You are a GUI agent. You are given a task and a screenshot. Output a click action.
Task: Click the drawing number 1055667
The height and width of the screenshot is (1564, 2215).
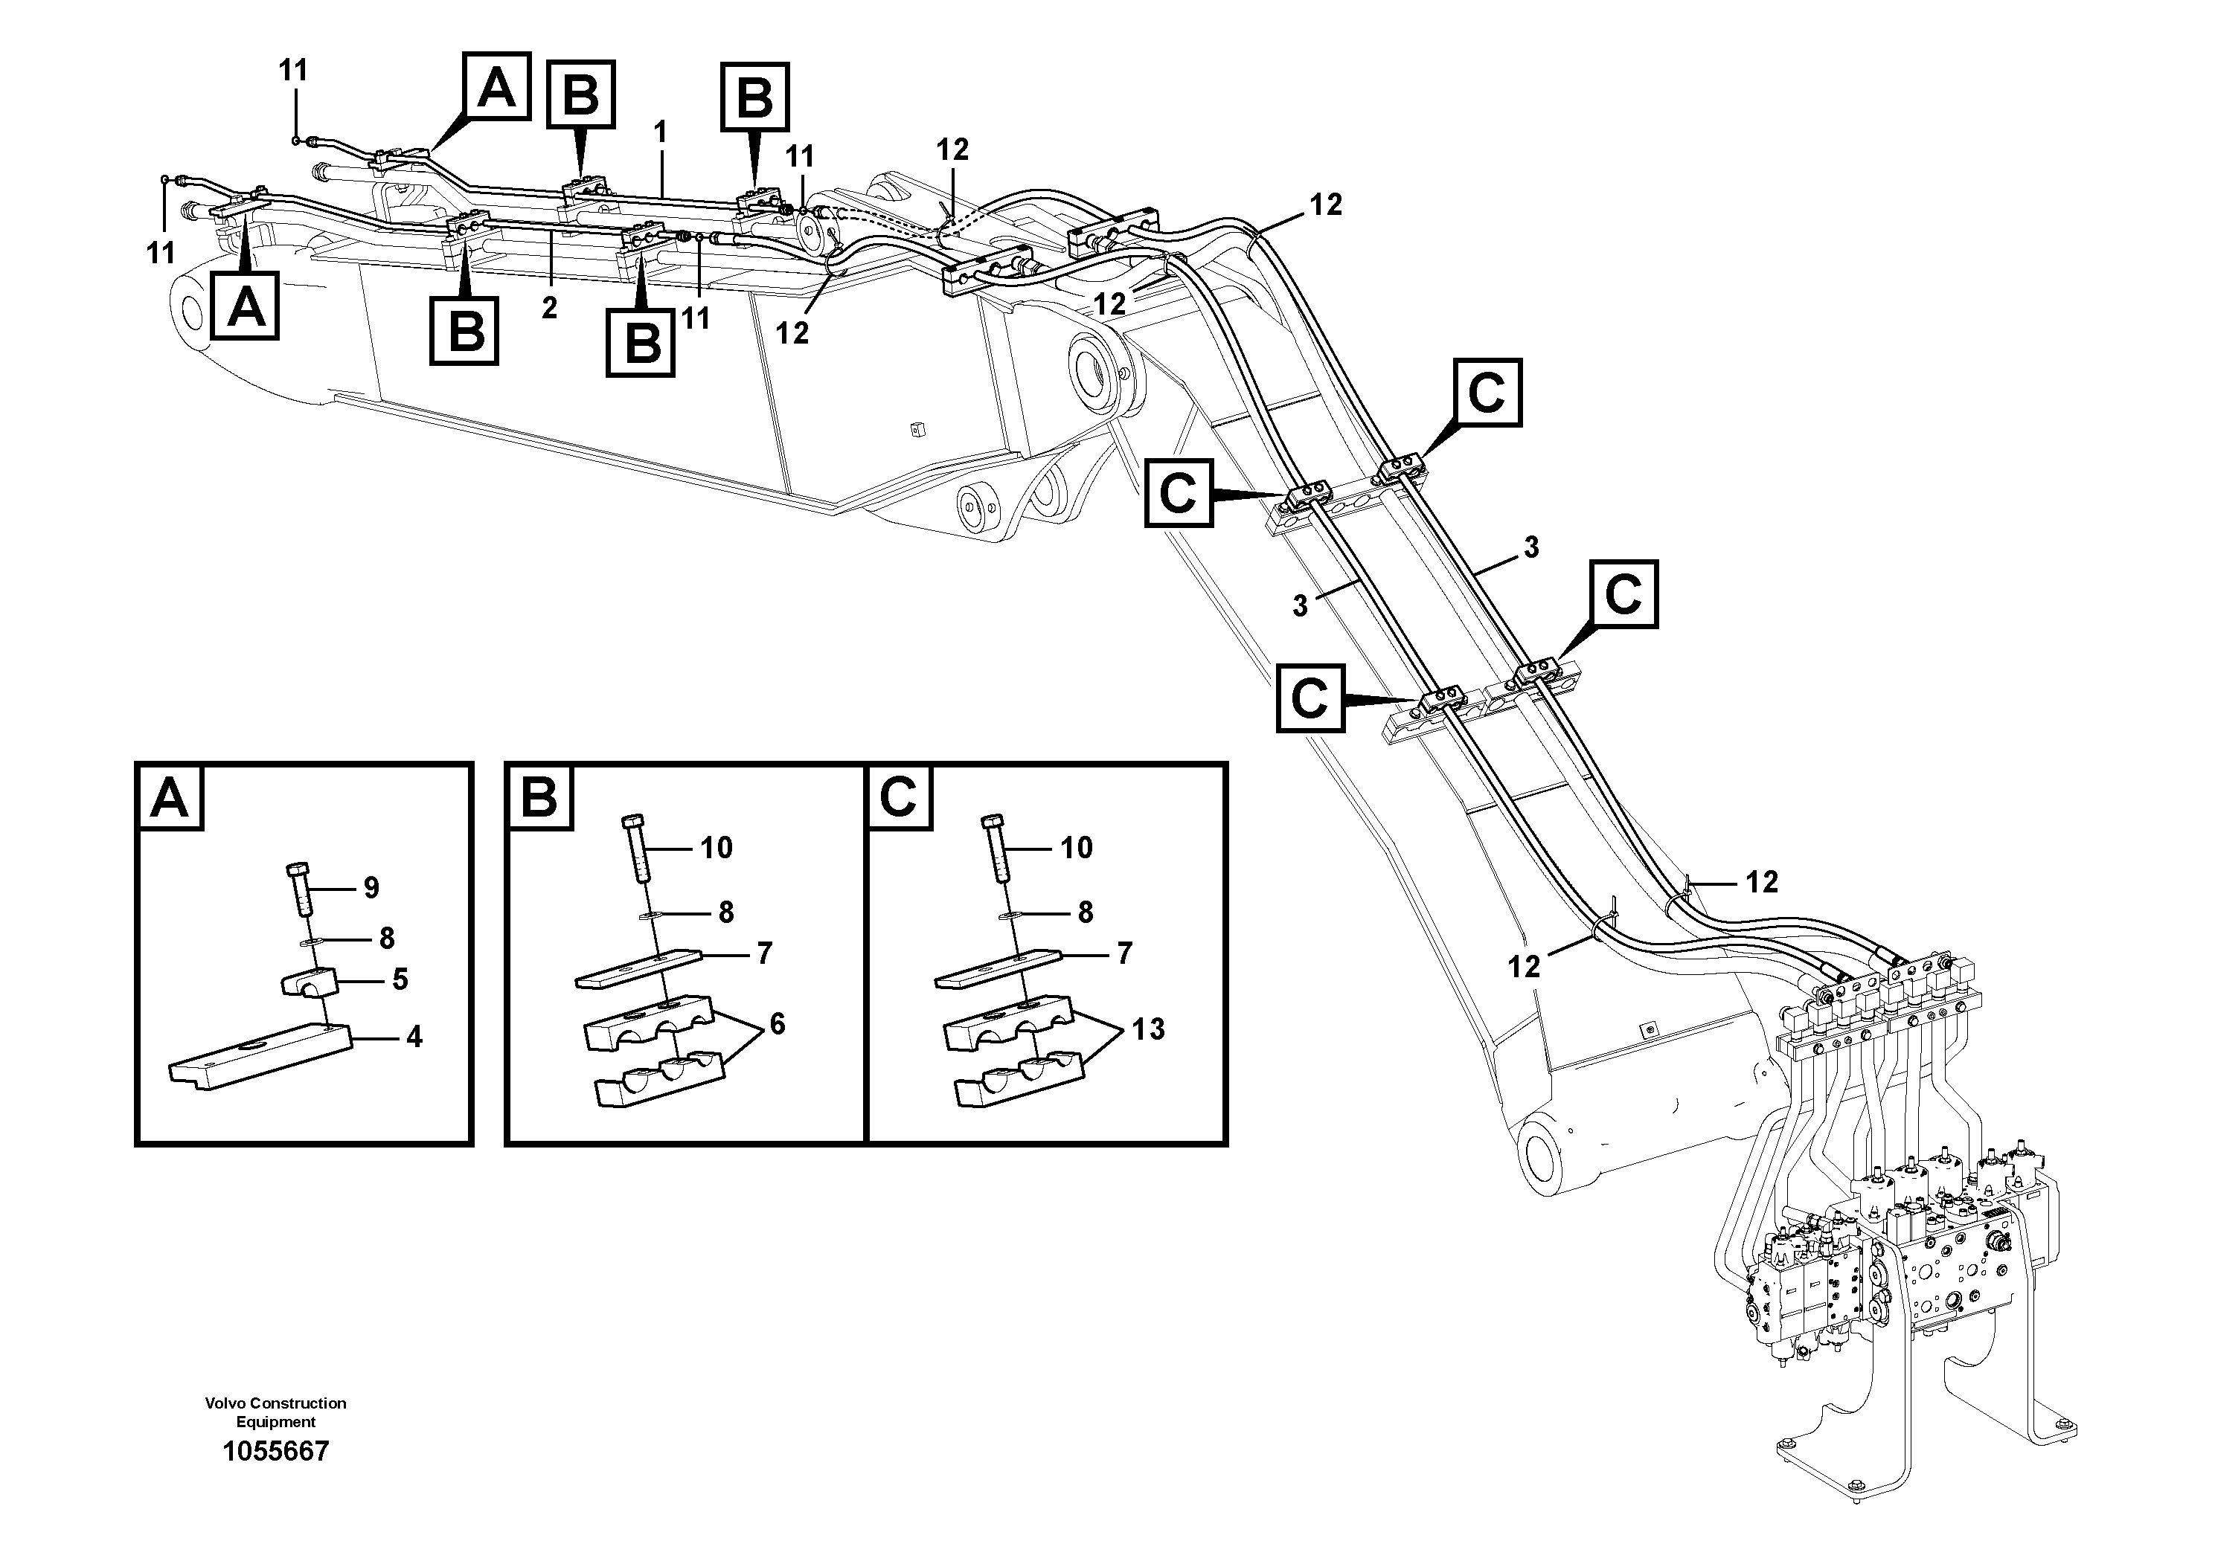276,1451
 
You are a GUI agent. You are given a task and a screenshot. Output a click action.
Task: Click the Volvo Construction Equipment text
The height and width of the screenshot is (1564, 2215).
276,1412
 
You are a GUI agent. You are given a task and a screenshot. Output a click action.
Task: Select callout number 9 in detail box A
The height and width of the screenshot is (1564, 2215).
371,888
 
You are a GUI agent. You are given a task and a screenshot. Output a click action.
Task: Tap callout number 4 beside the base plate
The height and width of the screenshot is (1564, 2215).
414,1037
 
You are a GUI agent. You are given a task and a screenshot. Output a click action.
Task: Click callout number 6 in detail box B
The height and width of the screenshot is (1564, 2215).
778,1024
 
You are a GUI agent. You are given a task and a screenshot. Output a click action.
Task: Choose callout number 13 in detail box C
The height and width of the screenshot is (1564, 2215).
1148,1030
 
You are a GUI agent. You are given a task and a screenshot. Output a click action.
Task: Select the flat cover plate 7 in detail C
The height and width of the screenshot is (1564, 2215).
998,969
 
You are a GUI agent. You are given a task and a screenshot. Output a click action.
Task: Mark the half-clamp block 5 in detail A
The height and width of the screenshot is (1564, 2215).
309,983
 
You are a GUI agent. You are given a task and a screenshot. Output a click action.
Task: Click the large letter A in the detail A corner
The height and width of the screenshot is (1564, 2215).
170,799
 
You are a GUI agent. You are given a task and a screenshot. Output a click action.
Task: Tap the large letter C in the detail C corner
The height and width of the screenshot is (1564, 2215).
899,799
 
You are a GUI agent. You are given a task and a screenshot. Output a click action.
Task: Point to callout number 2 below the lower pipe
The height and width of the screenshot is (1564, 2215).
549,309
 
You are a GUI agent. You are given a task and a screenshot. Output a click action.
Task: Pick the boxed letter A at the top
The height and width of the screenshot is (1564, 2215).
496,87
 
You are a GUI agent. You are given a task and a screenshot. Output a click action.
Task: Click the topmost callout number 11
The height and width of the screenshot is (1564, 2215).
293,71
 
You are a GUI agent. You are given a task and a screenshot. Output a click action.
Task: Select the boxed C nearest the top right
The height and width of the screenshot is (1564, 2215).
1487,393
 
